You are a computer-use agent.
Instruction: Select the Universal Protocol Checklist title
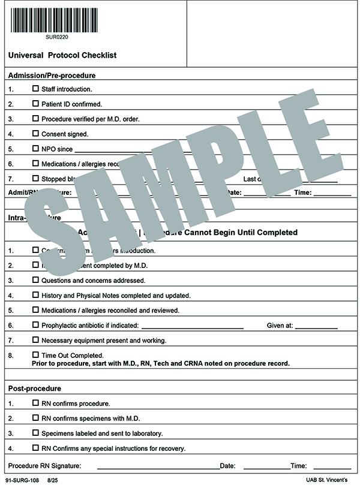[62, 55]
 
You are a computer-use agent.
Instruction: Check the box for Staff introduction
[35, 89]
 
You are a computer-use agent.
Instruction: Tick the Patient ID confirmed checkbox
[35, 104]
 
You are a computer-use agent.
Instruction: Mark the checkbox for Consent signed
[35, 134]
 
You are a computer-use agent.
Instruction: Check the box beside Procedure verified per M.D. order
[35, 119]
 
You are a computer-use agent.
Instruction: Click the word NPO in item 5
[48, 149]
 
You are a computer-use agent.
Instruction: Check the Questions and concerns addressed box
[35, 280]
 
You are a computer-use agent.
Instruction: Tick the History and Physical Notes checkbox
[35, 295]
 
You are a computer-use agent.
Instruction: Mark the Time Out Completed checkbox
[35, 355]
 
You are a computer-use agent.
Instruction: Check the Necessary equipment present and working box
[35, 340]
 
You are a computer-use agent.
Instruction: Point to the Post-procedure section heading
[34, 388]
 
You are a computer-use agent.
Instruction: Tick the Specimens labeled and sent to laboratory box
[35, 433]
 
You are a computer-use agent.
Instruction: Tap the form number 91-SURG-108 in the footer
[20, 480]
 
